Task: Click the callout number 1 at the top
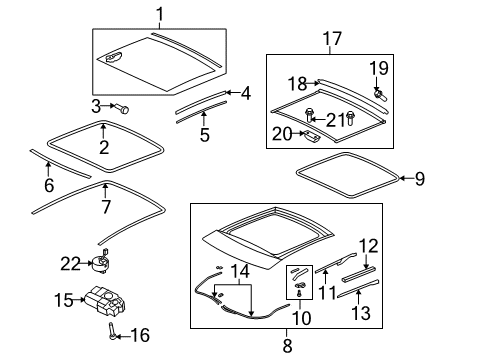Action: pyautogui.click(x=160, y=14)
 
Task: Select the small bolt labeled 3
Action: pyautogui.click(x=122, y=108)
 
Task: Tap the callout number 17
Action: pyautogui.click(x=332, y=39)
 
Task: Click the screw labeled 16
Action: pyautogui.click(x=112, y=331)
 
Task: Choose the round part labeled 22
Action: pyautogui.click(x=101, y=262)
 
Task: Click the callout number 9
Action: pyautogui.click(x=420, y=179)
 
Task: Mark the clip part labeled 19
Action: pyautogui.click(x=380, y=94)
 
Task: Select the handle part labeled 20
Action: pyautogui.click(x=311, y=134)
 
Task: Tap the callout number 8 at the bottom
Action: pyautogui.click(x=287, y=346)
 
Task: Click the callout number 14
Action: pyautogui.click(x=240, y=272)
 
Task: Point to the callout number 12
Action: pyautogui.click(x=368, y=246)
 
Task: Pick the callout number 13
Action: pyautogui.click(x=361, y=313)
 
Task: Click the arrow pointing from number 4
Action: pyautogui.click(x=233, y=92)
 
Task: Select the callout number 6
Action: pyautogui.click(x=49, y=185)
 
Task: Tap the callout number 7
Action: pyautogui.click(x=106, y=207)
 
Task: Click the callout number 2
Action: pyautogui.click(x=104, y=147)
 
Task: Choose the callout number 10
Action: pyautogui.click(x=301, y=318)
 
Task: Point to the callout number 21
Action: pyautogui.click(x=335, y=120)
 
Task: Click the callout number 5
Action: pyautogui.click(x=204, y=135)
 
